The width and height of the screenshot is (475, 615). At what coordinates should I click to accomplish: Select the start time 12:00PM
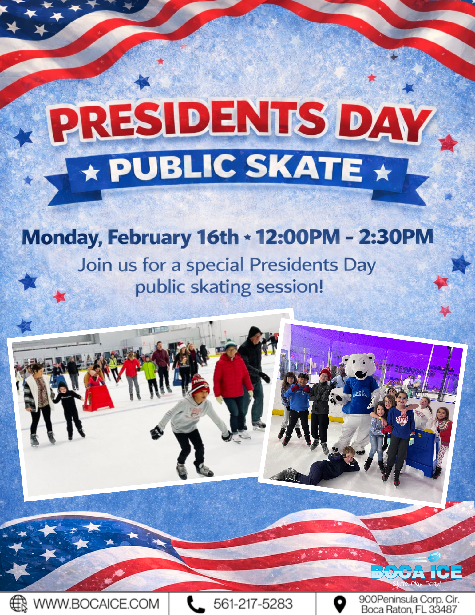(298, 237)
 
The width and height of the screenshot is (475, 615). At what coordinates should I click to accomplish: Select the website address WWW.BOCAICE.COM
(96, 604)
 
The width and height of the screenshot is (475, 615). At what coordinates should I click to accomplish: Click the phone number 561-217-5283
(253, 604)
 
